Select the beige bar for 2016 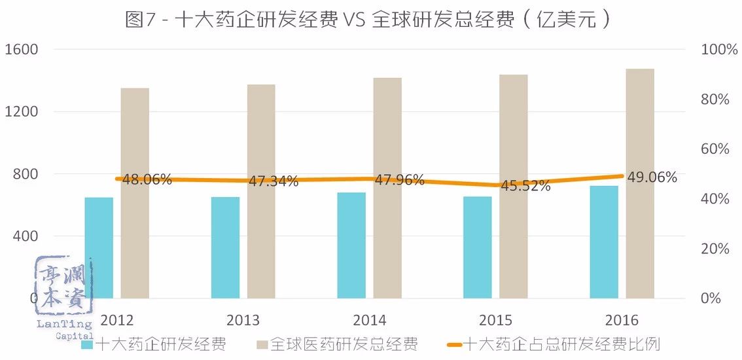tap(640, 183)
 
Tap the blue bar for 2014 tap(351, 245)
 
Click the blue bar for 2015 tap(477, 247)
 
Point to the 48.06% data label tap(147, 179)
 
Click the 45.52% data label tap(526, 186)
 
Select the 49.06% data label tap(652, 177)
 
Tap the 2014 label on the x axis tap(369, 321)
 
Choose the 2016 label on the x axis tap(622, 321)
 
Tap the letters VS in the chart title tap(355, 20)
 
